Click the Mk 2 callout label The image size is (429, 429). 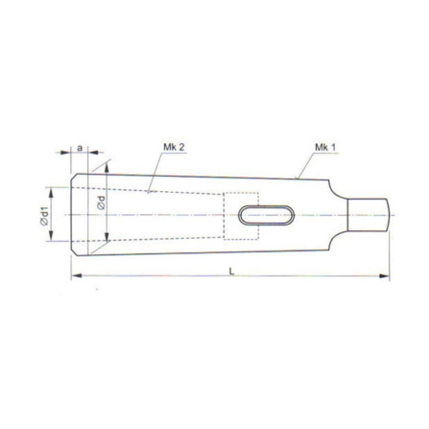[x=174, y=147]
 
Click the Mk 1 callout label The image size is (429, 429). [x=325, y=148]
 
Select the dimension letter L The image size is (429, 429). [x=232, y=271]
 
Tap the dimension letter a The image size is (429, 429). [x=80, y=148]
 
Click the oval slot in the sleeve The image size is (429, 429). [x=266, y=215]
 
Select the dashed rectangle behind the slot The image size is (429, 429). [x=241, y=216]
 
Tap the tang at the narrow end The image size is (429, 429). [x=369, y=215]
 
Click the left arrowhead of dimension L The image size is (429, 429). [x=77, y=275]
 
